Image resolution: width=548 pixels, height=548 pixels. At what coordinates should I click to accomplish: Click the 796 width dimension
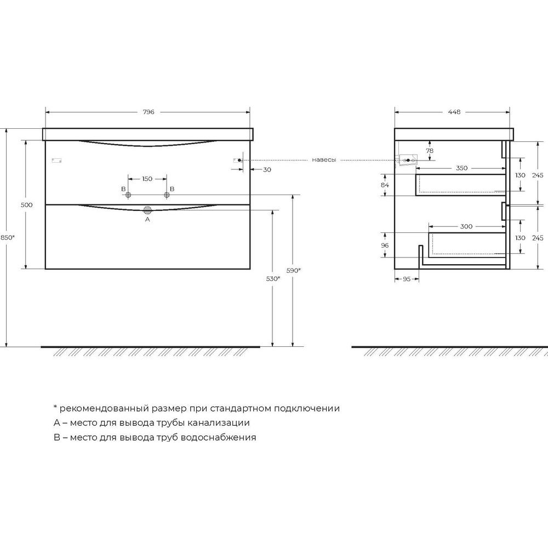149,112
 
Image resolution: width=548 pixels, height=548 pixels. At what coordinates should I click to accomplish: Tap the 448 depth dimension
454,112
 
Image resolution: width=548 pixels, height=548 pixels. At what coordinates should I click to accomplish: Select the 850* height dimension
7,237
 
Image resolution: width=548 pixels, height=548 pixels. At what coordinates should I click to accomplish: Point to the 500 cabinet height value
26,205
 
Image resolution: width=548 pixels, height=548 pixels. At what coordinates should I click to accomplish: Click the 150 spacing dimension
147,179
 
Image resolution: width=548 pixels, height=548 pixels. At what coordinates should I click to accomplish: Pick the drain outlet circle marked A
147,210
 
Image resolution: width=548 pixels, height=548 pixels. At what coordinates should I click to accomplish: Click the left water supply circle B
128,195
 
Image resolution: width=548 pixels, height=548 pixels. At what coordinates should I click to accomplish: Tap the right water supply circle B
167,195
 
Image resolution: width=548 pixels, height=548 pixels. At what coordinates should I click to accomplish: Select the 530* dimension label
273,278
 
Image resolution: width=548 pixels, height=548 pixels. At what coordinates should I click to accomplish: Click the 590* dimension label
294,270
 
